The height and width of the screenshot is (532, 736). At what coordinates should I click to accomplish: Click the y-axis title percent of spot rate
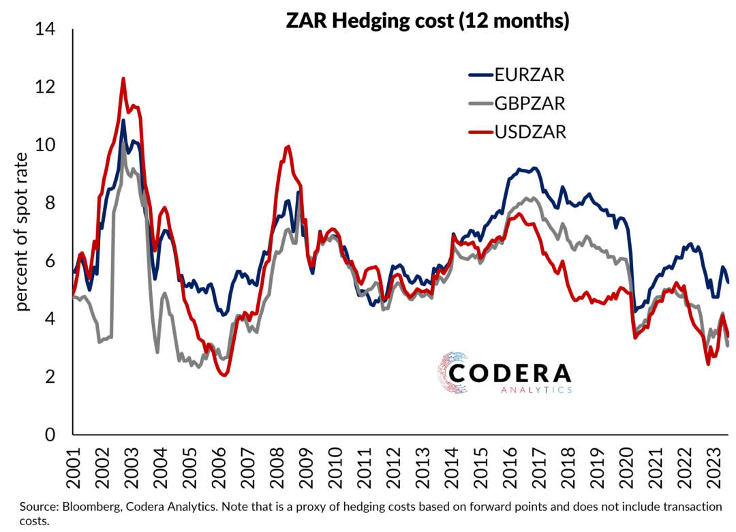(25, 232)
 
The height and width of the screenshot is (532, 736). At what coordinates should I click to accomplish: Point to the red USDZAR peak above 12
(123, 79)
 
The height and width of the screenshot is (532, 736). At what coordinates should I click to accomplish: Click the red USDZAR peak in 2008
(288, 146)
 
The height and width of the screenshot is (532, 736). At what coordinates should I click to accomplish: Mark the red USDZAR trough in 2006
(224, 373)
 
